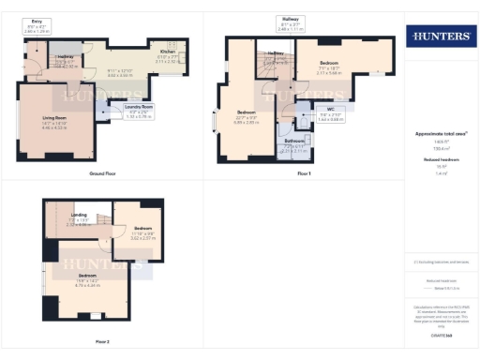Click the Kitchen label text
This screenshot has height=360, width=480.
coord(166,52)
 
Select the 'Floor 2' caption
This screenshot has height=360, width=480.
coord(101,341)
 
